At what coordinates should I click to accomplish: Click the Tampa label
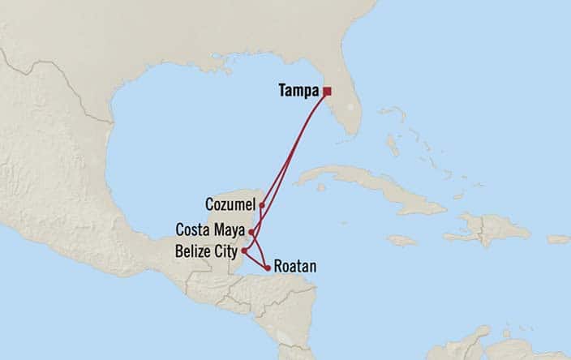(299, 91)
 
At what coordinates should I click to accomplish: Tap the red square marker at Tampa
(327, 91)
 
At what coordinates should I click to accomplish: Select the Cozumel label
(231, 204)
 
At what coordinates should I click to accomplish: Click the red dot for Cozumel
(261, 204)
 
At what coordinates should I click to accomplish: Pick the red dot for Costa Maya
(252, 232)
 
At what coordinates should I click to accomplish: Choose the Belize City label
(207, 251)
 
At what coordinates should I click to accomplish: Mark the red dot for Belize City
(244, 251)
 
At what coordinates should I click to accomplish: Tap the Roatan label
(294, 266)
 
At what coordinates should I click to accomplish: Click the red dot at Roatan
(267, 267)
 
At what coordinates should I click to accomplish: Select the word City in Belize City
(226, 251)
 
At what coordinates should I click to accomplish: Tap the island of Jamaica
(401, 240)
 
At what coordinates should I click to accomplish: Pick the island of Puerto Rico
(558, 239)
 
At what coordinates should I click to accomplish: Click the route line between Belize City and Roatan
(255, 259)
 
